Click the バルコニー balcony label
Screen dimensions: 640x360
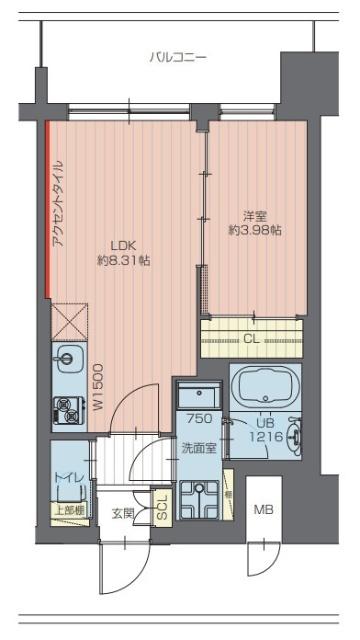tap(178, 57)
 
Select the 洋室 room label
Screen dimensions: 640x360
tap(254, 214)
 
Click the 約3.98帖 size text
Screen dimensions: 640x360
tap(254, 230)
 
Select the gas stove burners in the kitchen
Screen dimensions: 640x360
tap(67, 407)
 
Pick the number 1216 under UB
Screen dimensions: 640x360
tap(264, 437)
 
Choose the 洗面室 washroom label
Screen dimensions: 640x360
tap(199, 448)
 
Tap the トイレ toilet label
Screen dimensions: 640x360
tap(68, 479)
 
